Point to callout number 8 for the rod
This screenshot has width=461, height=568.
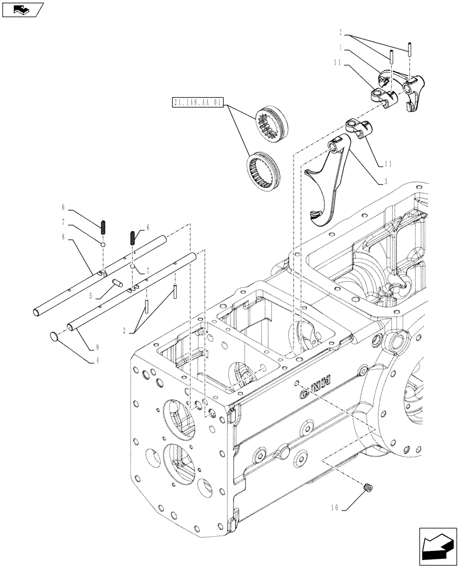(x=72, y=240)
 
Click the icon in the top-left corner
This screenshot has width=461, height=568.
(x=23, y=9)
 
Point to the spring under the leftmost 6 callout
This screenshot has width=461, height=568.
(x=104, y=227)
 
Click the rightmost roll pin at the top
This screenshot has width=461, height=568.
(x=409, y=49)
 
